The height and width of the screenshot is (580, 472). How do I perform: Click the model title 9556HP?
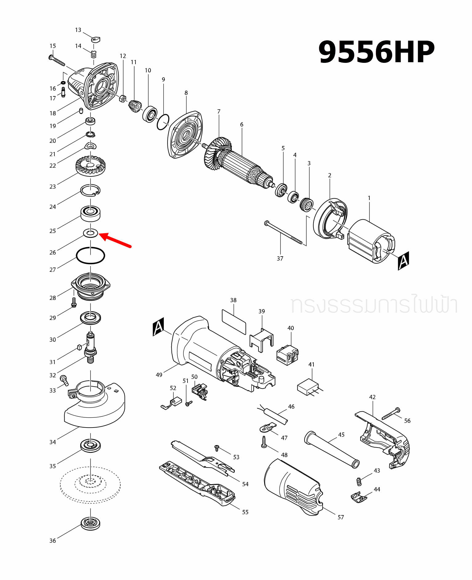tap(376, 52)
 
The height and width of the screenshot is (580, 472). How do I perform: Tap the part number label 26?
tap(53, 252)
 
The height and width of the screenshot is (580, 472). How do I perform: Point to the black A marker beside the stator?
tap(403, 261)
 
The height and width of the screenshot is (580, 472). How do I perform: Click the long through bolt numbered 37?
tap(284, 233)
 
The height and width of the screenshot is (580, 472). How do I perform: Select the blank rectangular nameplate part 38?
tap(234, 322)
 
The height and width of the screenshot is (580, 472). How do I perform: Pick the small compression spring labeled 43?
tap(359, 481)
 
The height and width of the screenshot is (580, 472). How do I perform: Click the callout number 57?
tap(341, 517)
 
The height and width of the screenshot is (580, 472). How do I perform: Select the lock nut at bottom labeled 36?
tap(91, 524)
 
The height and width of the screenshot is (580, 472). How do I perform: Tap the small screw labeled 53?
tap(217, 448)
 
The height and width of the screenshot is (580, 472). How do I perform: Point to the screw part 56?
tap(391, 414)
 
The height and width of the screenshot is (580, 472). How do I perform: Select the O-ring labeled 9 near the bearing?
tap(163, 122)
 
